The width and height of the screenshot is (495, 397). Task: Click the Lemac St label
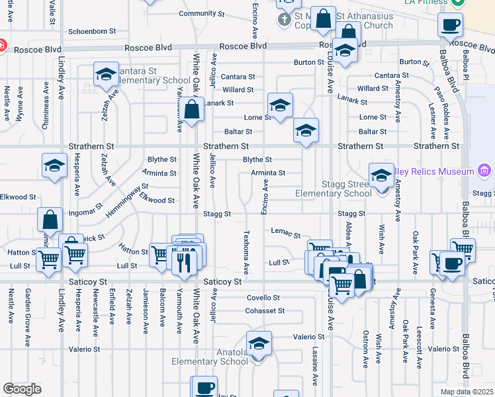point(285,235)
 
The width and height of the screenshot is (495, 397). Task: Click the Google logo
point(22,389)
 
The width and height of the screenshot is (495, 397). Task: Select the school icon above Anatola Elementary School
point(259,343)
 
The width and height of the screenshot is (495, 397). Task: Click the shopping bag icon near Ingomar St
point(50,218)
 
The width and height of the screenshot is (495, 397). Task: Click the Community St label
point(198,13)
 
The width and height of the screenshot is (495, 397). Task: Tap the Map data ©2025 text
point(466,392)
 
